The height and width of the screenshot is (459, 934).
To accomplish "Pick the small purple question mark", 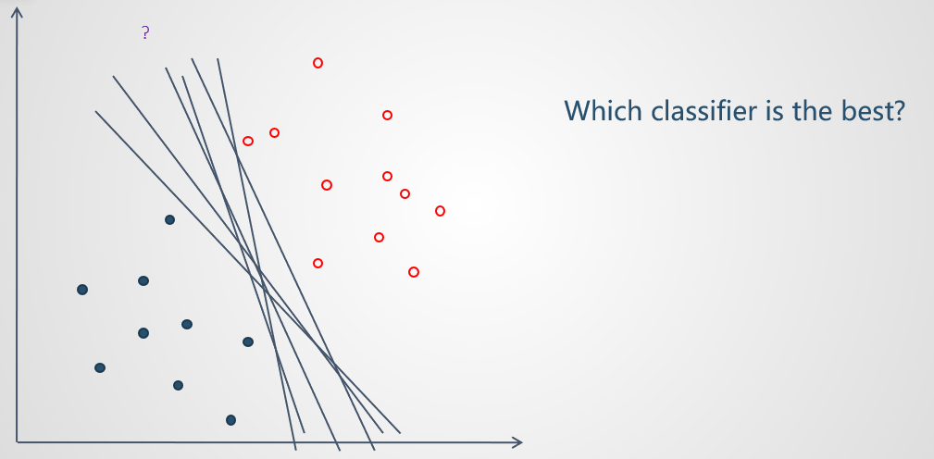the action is tap(145, 32).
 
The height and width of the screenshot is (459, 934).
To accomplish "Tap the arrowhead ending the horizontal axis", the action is tap(519, 442).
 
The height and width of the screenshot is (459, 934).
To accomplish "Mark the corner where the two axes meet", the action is tap(17, 442).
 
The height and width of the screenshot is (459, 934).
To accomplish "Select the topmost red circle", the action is tap(318, 63).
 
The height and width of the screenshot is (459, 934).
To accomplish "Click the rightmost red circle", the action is tap(441, 211).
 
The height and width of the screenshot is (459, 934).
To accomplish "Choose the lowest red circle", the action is tap(414, 272).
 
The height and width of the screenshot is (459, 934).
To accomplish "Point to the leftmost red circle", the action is tap(248, 141).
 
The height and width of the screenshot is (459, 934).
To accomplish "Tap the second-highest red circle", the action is tap(387, 115).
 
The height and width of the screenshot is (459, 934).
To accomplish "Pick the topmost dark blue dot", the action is tap(169, 219).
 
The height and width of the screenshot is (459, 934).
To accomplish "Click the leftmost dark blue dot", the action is tap(82, 290).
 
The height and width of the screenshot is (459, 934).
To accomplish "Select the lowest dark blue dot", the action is tap(231, 420).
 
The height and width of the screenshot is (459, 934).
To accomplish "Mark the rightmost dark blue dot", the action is tap(248, 341).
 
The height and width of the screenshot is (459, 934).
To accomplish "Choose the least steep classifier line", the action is tap(248, 272).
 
